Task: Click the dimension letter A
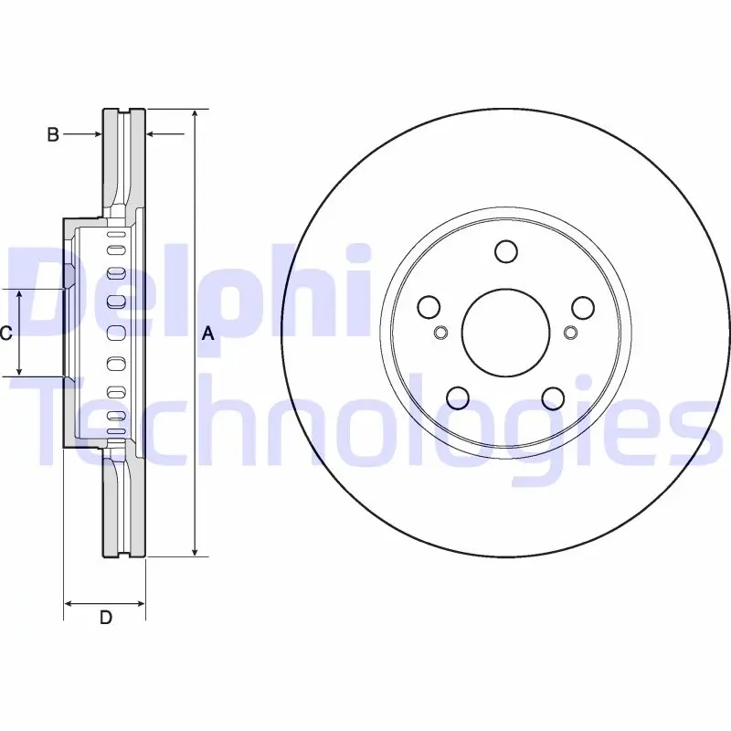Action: coord(208,334)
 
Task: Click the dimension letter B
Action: coord(53,134)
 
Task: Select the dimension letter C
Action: coord(5,334)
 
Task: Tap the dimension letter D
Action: coord(106,618)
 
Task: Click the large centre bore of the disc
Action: coord(506,333)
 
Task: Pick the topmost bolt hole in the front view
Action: coord(506,251)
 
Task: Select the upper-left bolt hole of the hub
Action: coord(429,307)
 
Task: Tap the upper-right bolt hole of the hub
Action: coord(583,308)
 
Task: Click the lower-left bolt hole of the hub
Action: coord(458,397)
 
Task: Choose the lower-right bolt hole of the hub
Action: coord(554,398)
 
